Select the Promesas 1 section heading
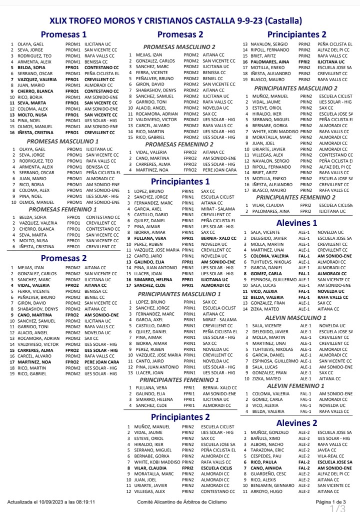coord(63,35)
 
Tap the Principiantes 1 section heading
coord(180,181)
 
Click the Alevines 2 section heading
coord(297,423)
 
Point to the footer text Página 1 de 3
coord(331,501)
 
